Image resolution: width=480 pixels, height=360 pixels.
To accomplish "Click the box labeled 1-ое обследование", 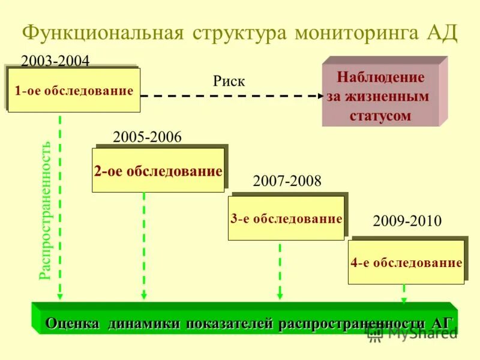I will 74,91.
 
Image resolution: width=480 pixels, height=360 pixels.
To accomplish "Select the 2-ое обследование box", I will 158,171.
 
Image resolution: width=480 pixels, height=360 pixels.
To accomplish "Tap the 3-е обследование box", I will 286,218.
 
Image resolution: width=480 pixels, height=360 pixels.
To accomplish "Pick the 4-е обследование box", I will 406,263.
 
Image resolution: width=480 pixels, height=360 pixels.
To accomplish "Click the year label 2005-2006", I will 147,137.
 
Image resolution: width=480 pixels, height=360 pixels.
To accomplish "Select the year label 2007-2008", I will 287,181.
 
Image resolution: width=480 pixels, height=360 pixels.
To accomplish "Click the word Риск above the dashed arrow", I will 229,82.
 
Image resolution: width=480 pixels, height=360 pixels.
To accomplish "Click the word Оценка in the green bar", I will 73,323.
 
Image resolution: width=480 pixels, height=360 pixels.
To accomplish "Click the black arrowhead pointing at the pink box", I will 318,95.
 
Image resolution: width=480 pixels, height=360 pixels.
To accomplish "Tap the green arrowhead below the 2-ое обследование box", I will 144,295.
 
